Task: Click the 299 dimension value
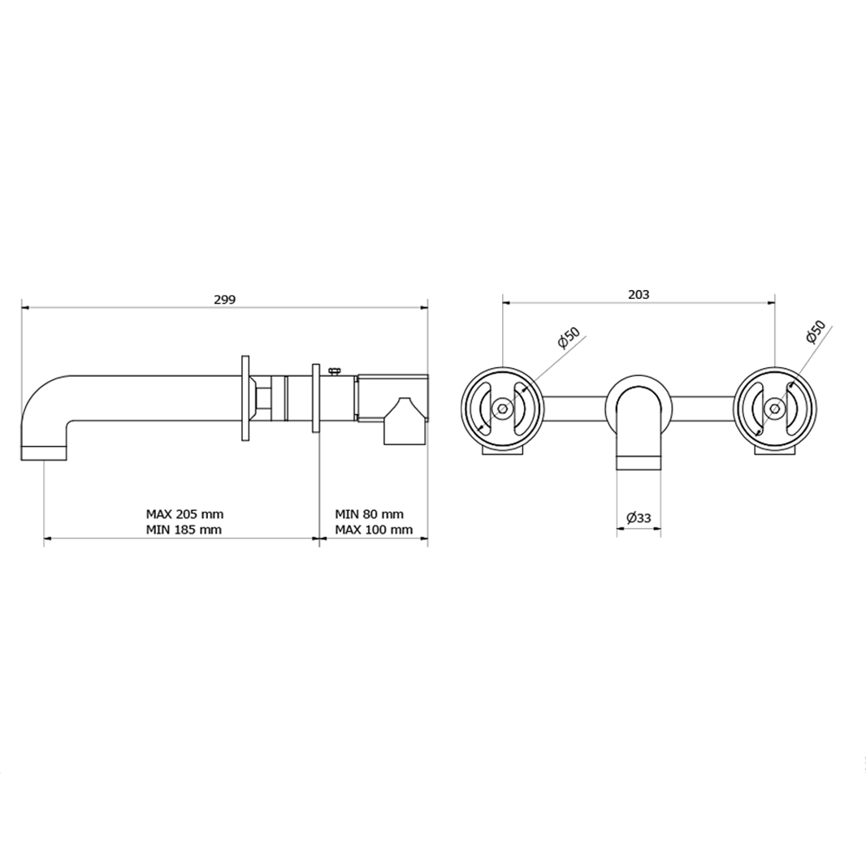pos(224,300)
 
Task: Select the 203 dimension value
pos(639,294)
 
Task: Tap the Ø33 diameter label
pos(639,517)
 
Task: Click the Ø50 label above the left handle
pos(569,337)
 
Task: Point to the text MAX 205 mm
pos(184,514)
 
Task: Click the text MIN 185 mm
pos(184,530)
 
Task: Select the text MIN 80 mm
pos(370,514)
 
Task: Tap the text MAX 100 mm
pos(374,530)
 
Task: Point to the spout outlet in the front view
pos(639,462)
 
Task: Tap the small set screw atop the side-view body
pos(333,371)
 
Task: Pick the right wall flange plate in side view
pos(315,398)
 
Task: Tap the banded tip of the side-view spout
pos(43,452)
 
